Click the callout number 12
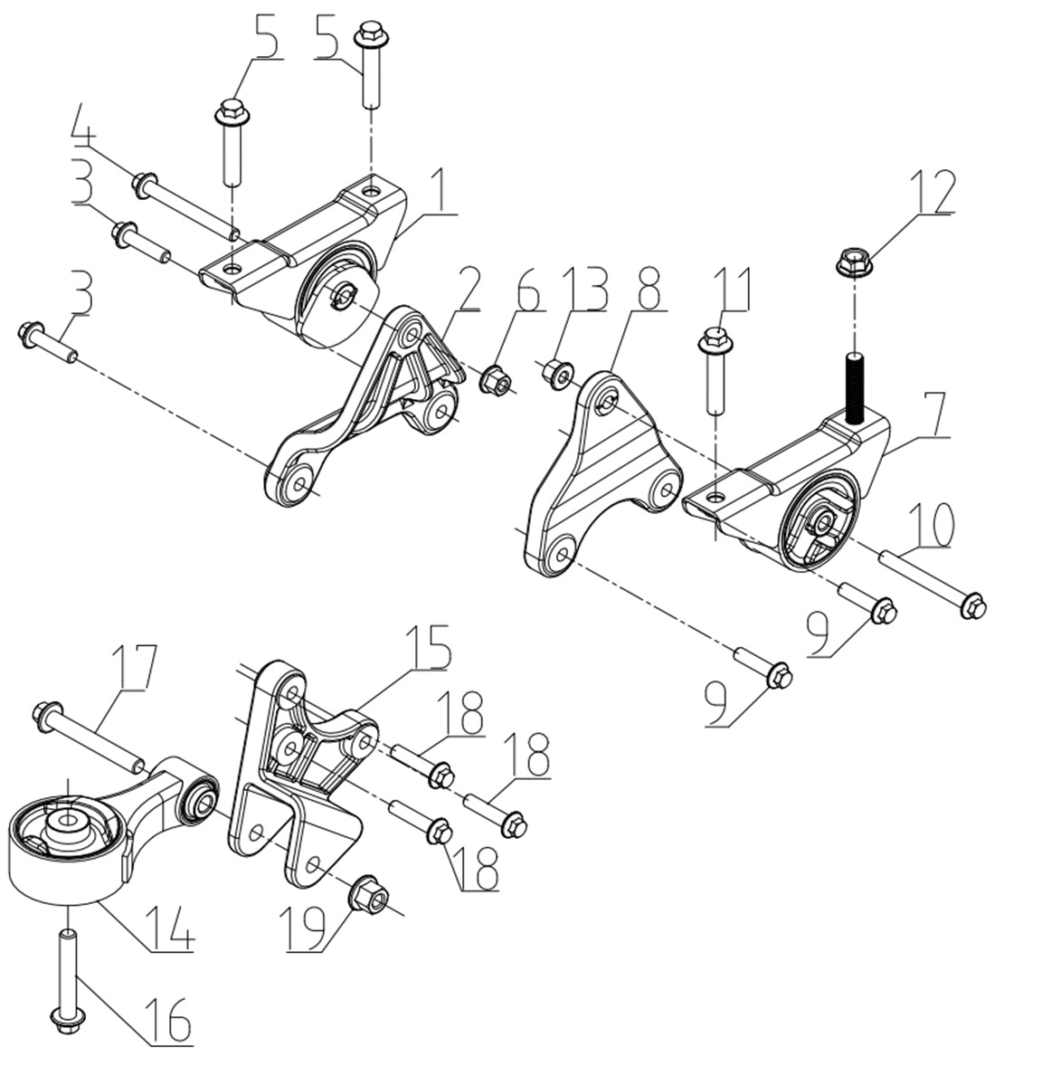point(931,191)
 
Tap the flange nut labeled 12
point(850,263)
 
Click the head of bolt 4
point(141,186)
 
